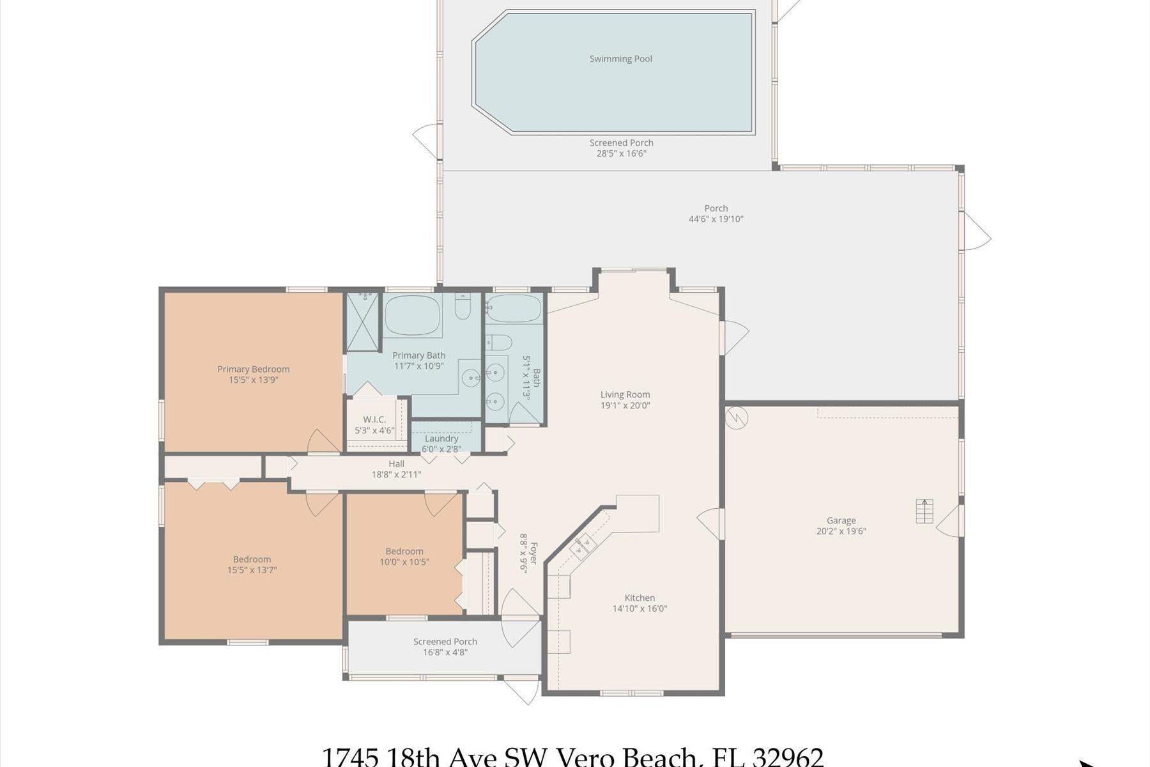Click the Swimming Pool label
[620, 59]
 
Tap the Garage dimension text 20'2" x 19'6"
[841, 531]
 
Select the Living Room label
[625, 394]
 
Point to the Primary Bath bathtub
[413, 314]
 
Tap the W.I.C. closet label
[374, 419]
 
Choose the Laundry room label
[441, 438]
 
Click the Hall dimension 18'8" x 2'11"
[396, 474]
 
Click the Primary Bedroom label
[253, 369]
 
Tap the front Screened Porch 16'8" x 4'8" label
[445, 647]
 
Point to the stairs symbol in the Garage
[924, 511]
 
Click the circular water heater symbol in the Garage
[737, 418]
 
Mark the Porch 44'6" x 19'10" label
[716, 213]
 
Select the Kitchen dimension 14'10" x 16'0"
[640, 608]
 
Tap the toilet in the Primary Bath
[463, 308]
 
